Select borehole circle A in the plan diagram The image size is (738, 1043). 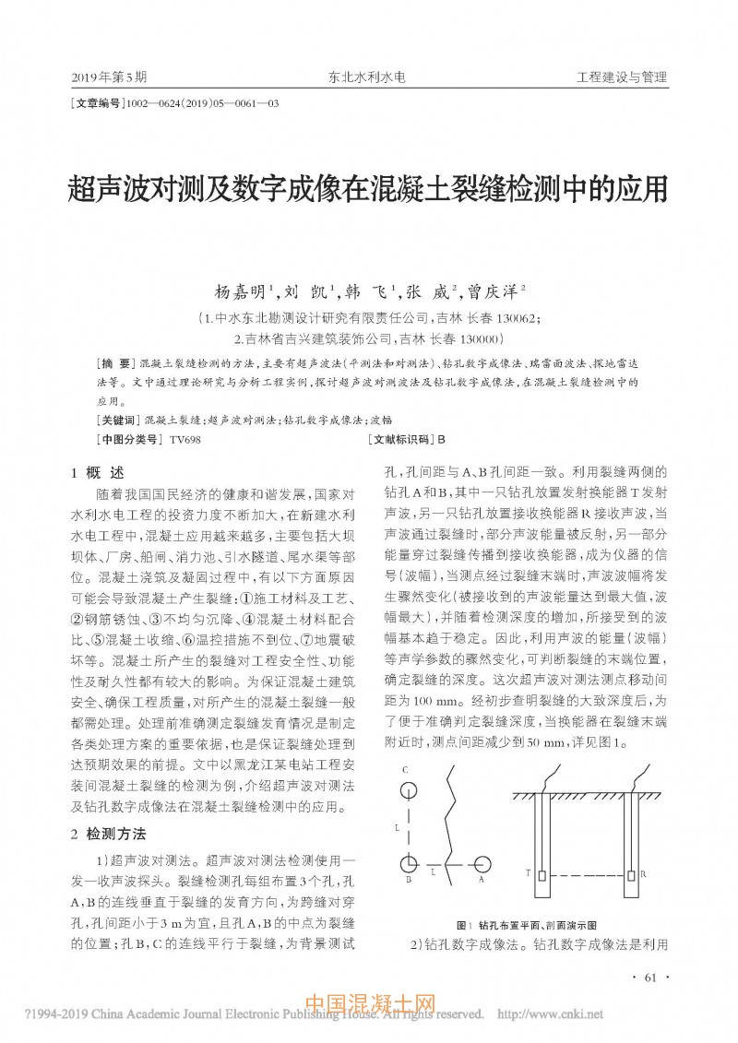482,864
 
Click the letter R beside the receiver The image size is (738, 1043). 642,871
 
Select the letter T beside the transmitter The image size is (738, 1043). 529,871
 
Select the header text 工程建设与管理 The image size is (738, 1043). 621,77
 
